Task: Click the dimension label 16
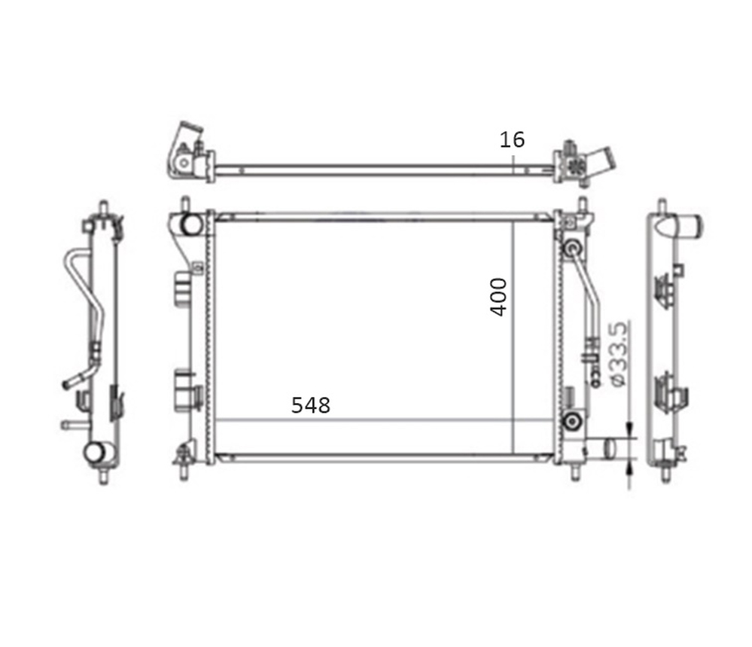coord(512,139)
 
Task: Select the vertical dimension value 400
coord(498,297)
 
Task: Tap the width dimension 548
coord(311,405)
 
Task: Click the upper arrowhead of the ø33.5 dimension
coord(629,431)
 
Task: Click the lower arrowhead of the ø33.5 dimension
coord(629,466)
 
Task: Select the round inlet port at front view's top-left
coord(191,224)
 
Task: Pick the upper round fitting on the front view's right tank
coord(572,248)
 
